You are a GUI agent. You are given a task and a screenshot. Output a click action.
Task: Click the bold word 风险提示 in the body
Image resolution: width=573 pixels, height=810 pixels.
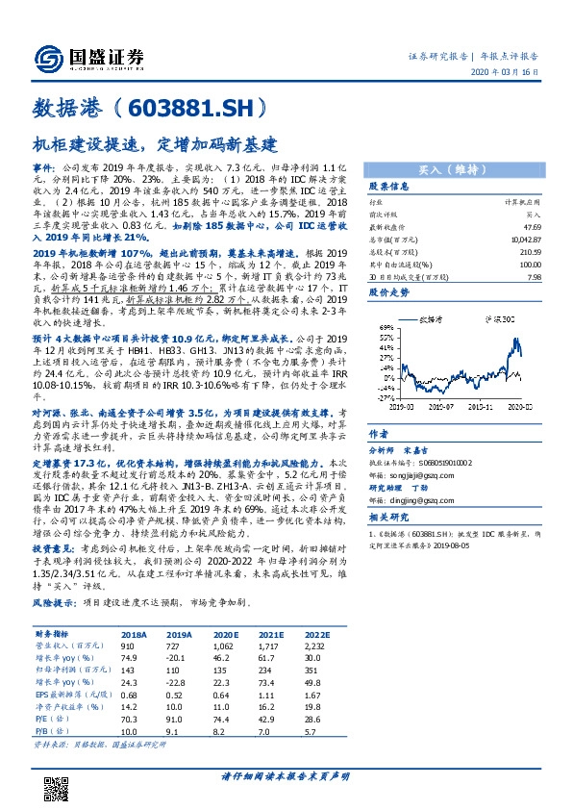coord(55,602)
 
